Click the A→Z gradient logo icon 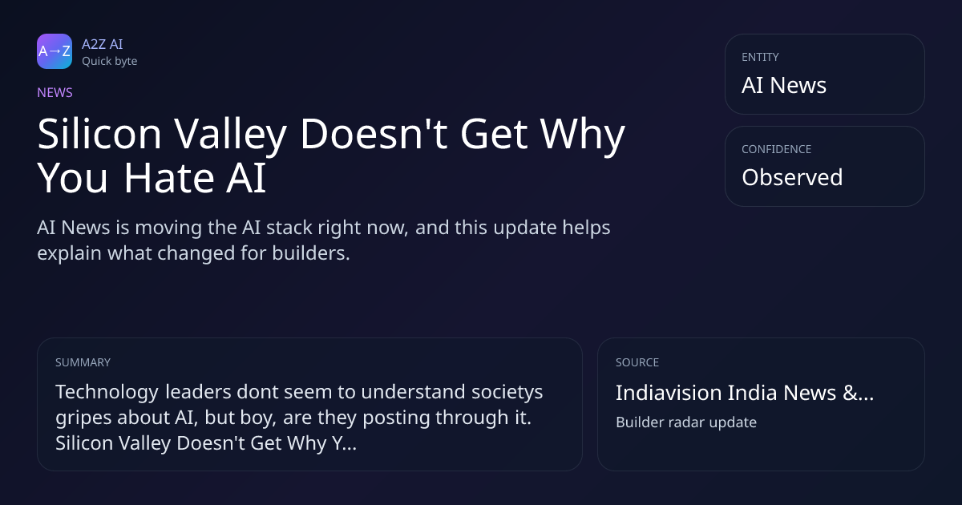point(55,51)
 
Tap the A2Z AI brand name point(103,44)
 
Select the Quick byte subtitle point(110,62)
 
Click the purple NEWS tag point(55,93)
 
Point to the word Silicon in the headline point(99,134)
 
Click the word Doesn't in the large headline point(374,134)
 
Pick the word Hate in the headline point(169,178)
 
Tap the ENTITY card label point(760,57)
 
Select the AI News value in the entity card point(784,85)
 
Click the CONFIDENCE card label point(777,149)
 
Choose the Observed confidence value point(792,177)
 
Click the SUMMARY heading point(83,362)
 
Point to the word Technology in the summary point(107,393)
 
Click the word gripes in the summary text point(83,418)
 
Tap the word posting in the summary point(396,418)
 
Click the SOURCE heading point(637,362)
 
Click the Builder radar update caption point(686,422)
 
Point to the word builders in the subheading point(311,253)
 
